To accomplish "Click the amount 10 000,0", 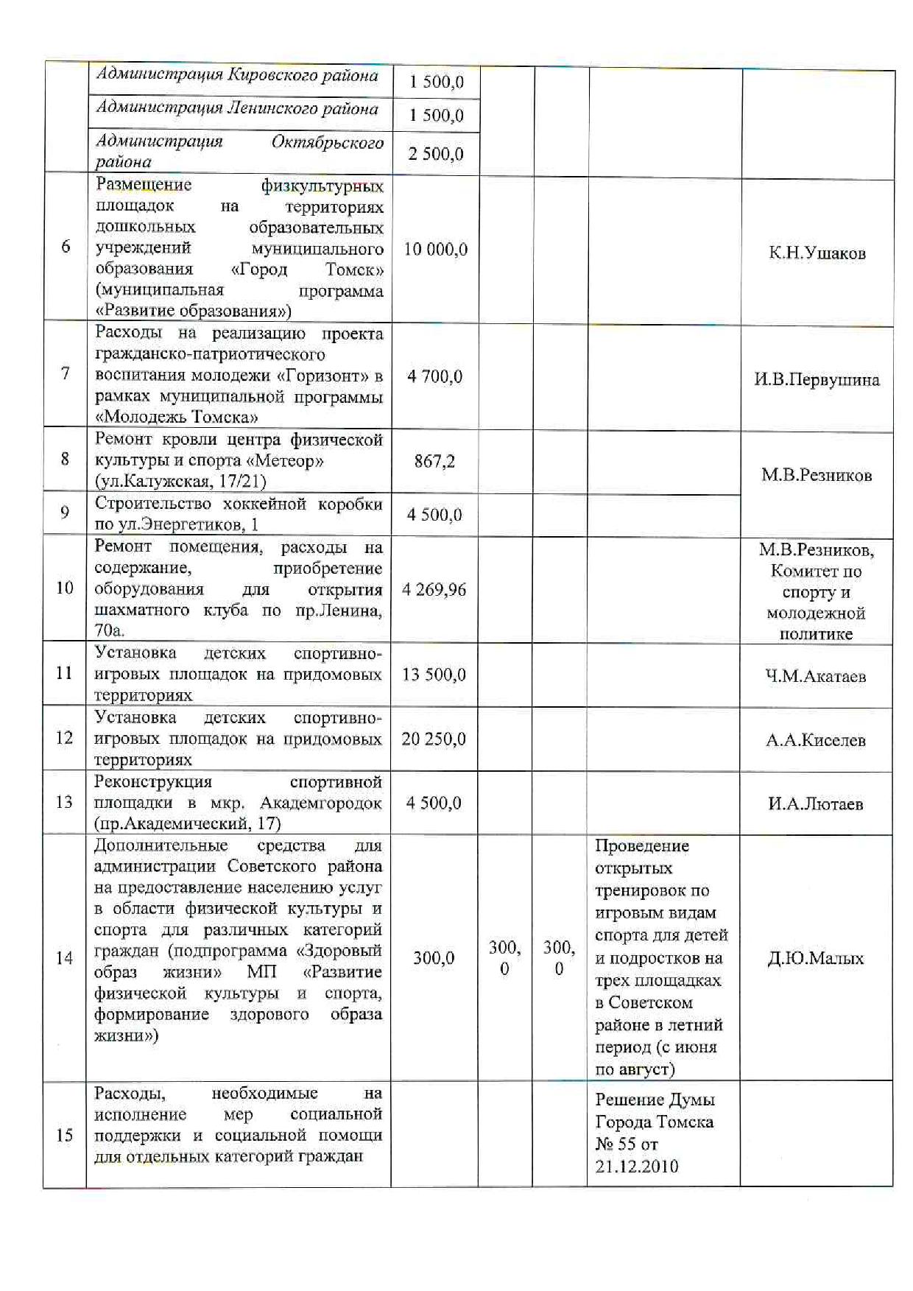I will point(435,250).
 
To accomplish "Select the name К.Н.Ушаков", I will point(817,253).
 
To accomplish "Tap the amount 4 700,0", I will point(434,377).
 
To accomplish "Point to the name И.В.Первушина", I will point(817,380).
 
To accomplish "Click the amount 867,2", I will point(434,462).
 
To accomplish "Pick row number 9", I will point(65,513).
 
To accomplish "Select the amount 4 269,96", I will point(434,590).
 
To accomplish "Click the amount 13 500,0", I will point(434,675).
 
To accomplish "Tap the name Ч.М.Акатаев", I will point(815,677).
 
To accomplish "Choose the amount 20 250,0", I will point(434,739).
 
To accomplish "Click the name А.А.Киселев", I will point(815,741).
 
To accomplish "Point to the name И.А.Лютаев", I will point(815,804).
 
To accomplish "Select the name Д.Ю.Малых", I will point(815,959).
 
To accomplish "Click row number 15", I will point(65,1135).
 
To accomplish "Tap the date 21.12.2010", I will point(636,1167).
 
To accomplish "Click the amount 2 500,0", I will point(436,154).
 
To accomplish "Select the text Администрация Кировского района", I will point(237,75).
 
